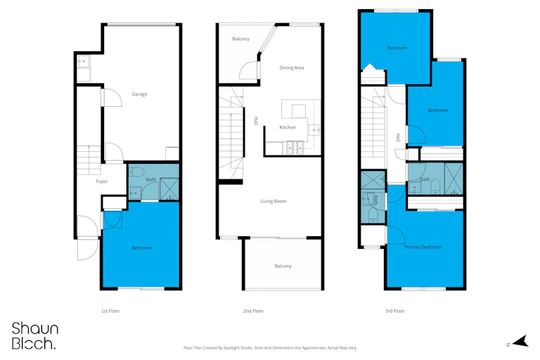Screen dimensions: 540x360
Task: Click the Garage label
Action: pos(139,94)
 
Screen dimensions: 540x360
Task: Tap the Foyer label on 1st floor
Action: pos(101,181)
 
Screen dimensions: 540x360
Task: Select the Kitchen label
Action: pos(288,127)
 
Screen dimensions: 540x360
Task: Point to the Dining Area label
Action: pos(292,68)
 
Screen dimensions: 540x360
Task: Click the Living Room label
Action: pos(274,201)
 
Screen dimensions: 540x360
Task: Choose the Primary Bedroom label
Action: pos(423,247)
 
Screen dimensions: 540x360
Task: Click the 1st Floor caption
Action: pos(110,311)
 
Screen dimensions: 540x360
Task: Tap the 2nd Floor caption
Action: pos(253,311)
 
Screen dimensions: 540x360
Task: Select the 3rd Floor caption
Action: pos(395,311)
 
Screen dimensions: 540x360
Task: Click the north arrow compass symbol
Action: pos(521,341)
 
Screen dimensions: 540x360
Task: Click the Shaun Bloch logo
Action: pos(34,336)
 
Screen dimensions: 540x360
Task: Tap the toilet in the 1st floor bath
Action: pos(136,172)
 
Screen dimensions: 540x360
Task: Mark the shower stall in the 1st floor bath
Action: pos(169,188)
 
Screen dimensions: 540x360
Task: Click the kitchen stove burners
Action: pos(295,148)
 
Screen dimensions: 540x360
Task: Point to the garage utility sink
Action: pos(84,61)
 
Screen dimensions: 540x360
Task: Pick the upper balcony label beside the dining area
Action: pos(240,39)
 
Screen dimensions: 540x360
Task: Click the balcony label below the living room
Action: pos(283,266)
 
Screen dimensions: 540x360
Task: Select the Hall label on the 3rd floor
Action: pos(399,137)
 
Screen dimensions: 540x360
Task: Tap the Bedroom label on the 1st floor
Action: pos(142,247)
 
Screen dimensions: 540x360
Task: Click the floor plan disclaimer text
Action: pos(270,348)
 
